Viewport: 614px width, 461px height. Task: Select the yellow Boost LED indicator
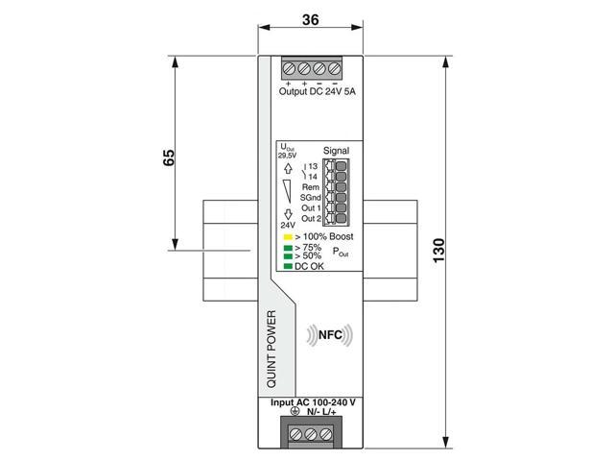click(286, 236)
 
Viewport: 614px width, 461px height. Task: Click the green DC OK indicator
click(286, 266)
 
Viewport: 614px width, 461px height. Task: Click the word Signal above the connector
click(337, 151)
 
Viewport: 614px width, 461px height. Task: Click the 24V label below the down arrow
click(287, 228)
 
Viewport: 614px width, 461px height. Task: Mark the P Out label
click(341, 252)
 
